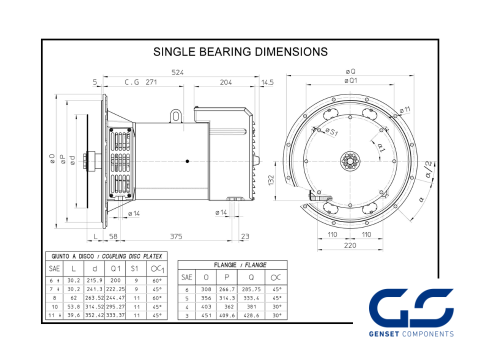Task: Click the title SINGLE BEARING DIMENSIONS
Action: tap(240, 51)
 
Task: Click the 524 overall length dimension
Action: tap(177, 72)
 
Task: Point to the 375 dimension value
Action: tap(176, 236)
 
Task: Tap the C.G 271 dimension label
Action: tap(141, 82)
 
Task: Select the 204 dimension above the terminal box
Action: tap(226, 82)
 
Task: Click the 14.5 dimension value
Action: tap(267, 82)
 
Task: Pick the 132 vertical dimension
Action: tap(271, 180)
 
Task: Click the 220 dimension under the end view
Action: tap(350, 245)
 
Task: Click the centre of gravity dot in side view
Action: tap(187, 161)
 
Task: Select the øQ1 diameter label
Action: tap(350, 81)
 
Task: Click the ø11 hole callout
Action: tap(404, 109)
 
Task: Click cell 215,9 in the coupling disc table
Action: tap(94, 280)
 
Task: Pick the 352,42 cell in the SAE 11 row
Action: tap(94, 315)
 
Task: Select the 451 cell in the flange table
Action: tap(206, 315)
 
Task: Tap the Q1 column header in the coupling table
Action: tap(115, 269)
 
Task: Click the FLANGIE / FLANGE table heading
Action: tap(240, 265)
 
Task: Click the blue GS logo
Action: tap(411, 308)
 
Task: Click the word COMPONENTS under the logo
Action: tap(427, 334)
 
